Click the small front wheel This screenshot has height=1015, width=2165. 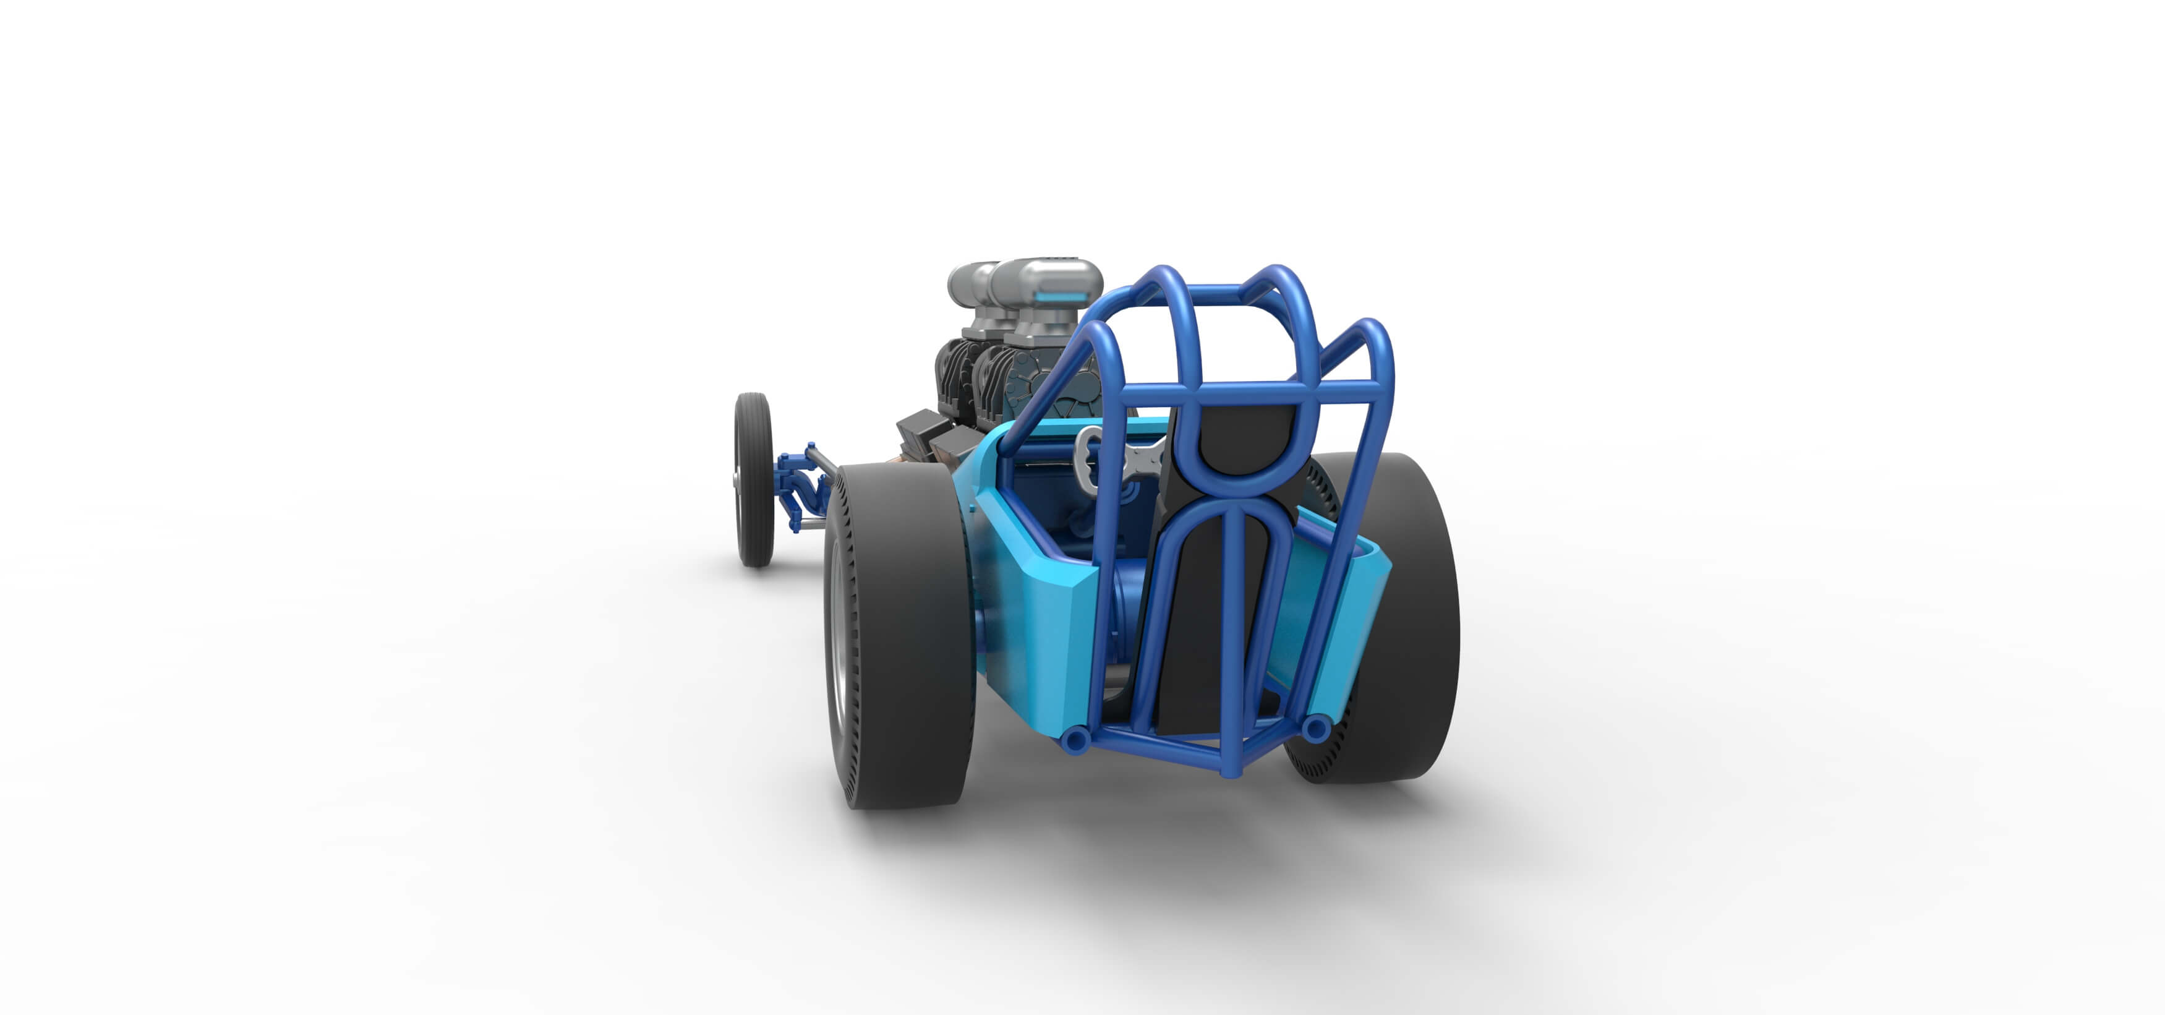[x=753, y=479]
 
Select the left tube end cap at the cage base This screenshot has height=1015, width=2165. [x=1075, y=739]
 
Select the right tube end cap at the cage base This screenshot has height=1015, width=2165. [x=1315, y=727]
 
